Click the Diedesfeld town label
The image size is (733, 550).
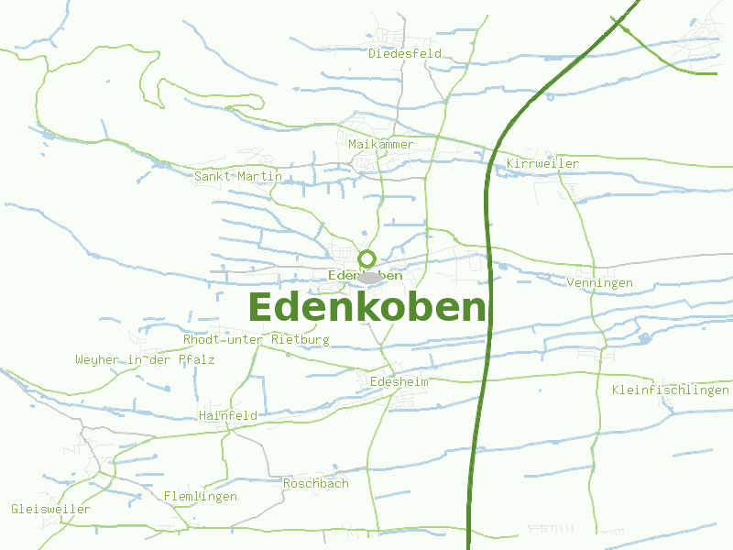coord(404,53)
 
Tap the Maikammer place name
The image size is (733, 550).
coord(381,144)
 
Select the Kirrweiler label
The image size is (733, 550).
coord(542,163)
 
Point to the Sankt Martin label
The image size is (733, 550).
coord(237,176)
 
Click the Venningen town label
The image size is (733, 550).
coord(599,282)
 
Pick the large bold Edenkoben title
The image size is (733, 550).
coord(366,308)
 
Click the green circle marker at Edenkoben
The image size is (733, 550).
coord(366,258)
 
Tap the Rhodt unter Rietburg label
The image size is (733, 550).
coord(256,339)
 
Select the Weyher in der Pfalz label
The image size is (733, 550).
coord(145,360)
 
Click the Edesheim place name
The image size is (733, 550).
coord(399,380)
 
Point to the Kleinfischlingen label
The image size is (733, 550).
coord(670,390)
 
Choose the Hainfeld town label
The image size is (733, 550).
coord(227,415)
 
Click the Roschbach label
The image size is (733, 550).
coord(315,483)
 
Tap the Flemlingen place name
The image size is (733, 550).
coord(200,496)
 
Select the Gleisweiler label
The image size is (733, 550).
coord(50,508)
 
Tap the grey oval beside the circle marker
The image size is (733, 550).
coord(369,277)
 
